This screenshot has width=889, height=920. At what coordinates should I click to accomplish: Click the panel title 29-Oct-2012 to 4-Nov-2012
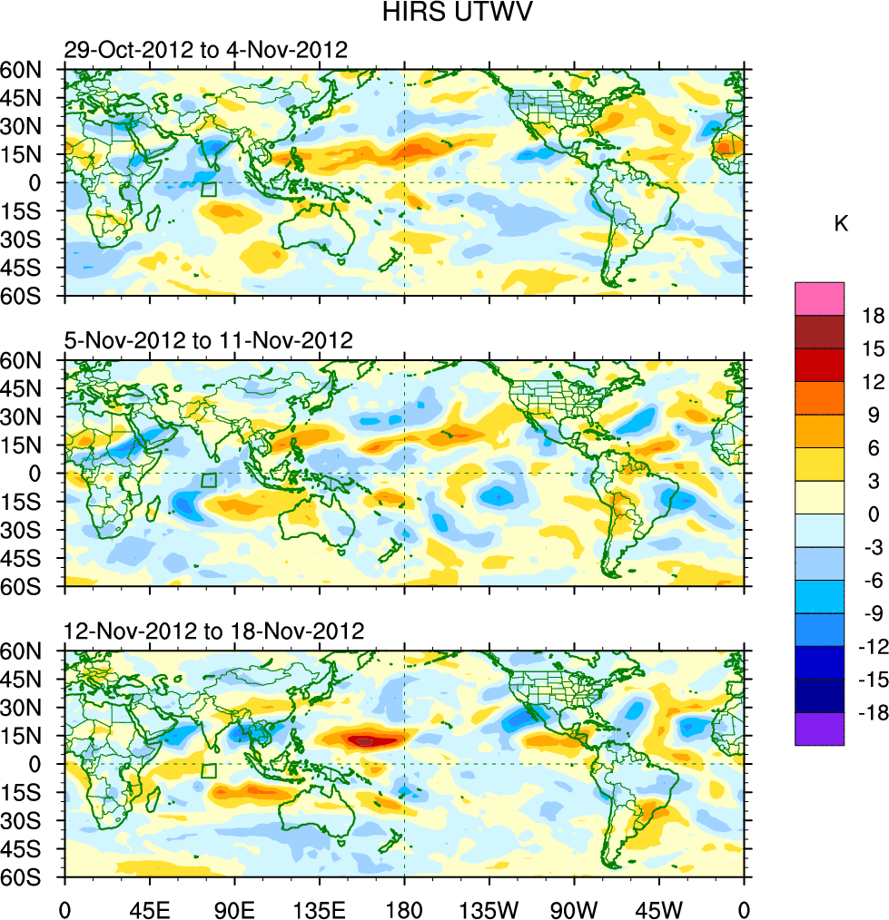pos(205,51)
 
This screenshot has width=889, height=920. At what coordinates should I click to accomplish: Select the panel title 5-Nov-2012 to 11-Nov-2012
pos(208,341)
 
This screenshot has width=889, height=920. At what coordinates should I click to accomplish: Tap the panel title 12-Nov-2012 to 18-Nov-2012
pos(213,631)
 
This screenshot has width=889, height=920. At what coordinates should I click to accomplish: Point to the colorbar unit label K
pos(841,223)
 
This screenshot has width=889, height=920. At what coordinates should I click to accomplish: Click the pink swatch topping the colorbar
pos(819,299)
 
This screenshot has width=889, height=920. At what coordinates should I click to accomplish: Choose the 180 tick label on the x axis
pos(404,906)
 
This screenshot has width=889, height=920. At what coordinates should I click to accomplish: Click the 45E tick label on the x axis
pos(149,906)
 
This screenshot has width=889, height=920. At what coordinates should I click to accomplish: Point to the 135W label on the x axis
pos(489,906)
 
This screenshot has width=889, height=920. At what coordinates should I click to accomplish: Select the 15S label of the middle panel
pos(29,501)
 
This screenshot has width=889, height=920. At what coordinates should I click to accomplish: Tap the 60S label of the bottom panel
pos(29,877)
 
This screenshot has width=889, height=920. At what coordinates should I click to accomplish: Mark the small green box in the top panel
pos(209,189)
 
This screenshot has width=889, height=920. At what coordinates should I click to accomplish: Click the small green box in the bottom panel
pos(209,770)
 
